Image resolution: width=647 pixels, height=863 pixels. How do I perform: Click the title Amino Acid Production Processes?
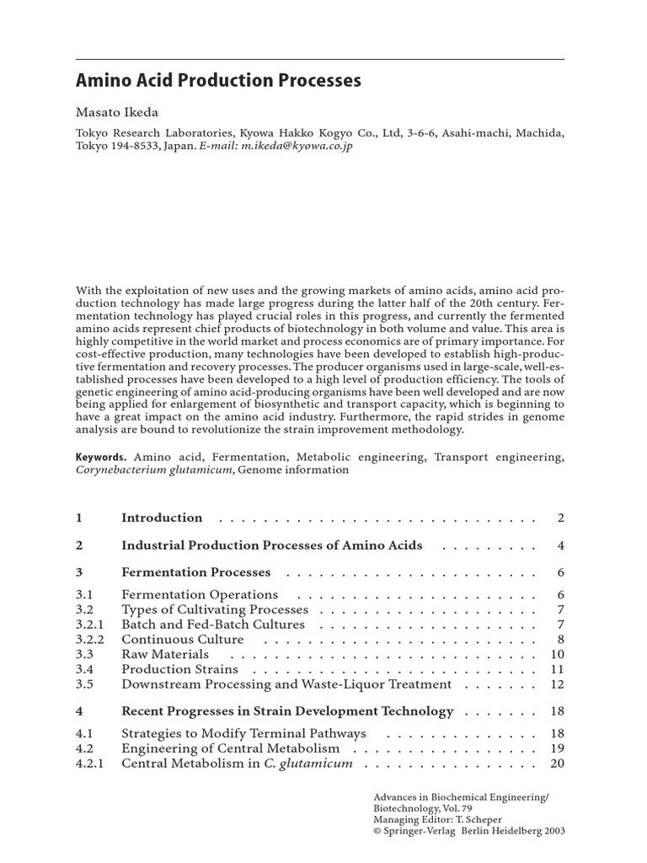[x=218, y=81]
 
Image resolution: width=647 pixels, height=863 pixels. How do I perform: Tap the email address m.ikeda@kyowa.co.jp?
[x=296, y=146]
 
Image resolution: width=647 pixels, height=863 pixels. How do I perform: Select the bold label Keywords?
[x=100, y=456]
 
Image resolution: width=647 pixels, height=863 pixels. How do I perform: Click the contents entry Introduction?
[x=162, y=517]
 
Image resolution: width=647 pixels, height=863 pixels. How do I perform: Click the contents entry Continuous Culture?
[x=183, y=639]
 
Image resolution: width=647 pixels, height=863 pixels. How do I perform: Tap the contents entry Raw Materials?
[x=165, y=654]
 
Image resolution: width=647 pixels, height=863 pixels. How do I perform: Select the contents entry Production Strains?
[x=179, y=669]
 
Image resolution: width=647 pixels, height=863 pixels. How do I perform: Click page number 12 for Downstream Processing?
[x=557, y=684]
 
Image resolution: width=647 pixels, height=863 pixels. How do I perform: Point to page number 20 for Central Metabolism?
[x=557, y=764]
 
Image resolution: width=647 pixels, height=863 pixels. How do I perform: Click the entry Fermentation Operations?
[x=200, y=595]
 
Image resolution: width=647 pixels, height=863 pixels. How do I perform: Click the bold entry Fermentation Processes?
[x=195, y=571]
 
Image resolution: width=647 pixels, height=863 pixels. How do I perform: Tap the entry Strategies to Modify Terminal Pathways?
[x=243, y=733]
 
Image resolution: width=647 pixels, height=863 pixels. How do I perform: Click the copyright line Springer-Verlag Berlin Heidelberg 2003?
[x=468, y=829]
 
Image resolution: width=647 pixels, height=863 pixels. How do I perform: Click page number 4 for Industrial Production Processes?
[x=560, y=545]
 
